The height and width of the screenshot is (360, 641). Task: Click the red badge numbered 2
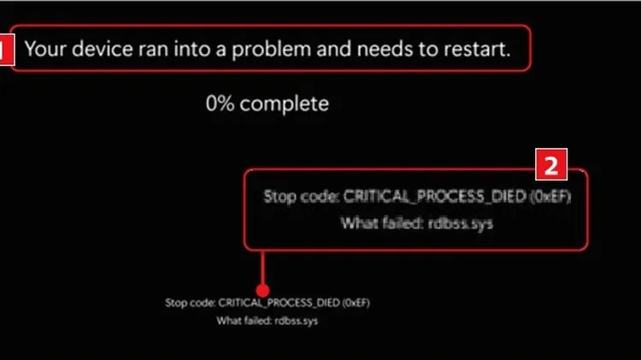coord(551,164)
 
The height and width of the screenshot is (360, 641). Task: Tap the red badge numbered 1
coord(7,50)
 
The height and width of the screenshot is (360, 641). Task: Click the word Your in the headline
coord(45,49)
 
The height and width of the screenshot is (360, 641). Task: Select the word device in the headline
coord(103,49)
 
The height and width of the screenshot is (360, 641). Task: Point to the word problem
coord(272,50)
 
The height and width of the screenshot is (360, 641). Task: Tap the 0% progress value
coord(221,103)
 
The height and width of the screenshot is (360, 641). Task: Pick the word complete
coord(284,104)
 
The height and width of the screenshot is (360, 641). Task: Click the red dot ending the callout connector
coord(262,291)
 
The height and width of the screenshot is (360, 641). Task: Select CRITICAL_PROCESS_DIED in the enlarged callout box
coord(434,197)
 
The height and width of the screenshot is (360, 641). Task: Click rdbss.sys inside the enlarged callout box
coord(461,223)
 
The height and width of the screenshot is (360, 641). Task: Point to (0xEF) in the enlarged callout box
coord(550,197)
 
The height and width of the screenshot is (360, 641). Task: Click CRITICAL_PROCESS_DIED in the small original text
coord(279,303)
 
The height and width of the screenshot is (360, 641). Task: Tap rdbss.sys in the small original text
coord(296,321)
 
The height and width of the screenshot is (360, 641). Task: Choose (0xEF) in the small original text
coord(356,303)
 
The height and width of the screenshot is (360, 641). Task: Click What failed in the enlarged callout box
coord(382,223)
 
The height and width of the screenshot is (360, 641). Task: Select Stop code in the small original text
coord(190,303)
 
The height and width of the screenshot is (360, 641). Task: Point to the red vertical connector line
coord(262,268)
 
